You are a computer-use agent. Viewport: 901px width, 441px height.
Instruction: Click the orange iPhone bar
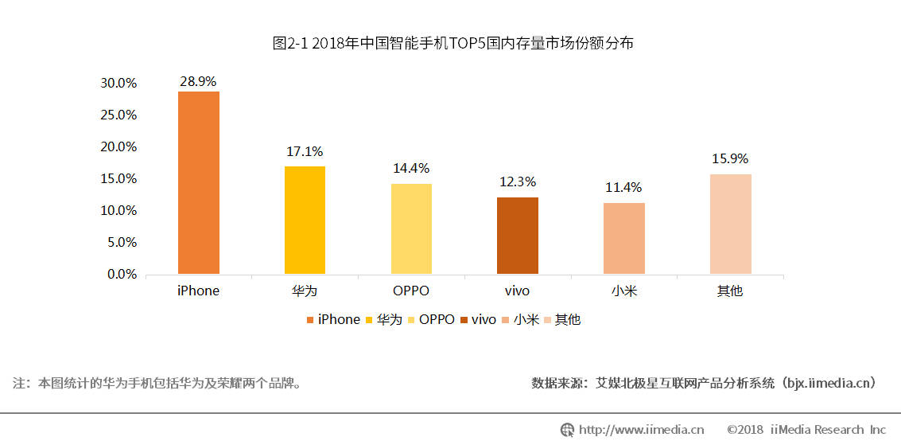click(x=199, y=183)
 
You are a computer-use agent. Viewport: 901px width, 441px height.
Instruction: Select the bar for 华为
click(x=305, y=220)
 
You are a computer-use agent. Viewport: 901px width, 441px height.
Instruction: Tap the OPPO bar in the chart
click(x=411, y=229)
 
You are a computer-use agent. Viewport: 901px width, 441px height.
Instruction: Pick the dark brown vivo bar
click(x=518, y=236)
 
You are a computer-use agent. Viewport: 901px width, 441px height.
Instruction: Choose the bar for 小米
click(x=624, y=239)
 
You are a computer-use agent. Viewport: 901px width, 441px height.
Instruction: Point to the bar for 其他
click(x=730, y=224)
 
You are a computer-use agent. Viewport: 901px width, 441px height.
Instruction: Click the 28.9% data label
click(x=199, y=82)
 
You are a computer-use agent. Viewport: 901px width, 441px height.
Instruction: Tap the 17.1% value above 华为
click(x=305, y=151)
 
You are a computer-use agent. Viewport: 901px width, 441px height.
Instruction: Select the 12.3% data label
click(x=518, y=182)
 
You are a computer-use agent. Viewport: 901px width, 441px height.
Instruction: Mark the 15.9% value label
click(x=730, y=159)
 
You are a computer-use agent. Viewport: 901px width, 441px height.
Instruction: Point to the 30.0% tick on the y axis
click(x=118, y=83)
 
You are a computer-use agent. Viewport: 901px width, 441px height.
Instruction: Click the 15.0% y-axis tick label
click(x=118, y=178)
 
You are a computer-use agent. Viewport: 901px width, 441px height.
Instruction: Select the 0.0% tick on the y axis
click(x=122, y=274)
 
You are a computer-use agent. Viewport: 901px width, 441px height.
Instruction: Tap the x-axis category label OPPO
click(x=411, y=291)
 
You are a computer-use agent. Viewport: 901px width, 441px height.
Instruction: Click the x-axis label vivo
click(x=518, y=291)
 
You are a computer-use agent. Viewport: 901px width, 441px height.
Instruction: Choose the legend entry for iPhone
click(x=333, y=319)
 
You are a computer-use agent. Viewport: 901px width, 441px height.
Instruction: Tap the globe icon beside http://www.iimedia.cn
click(x=567, y=430)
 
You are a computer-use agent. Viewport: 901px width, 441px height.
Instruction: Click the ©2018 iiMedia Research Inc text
click(x=806, y=430)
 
